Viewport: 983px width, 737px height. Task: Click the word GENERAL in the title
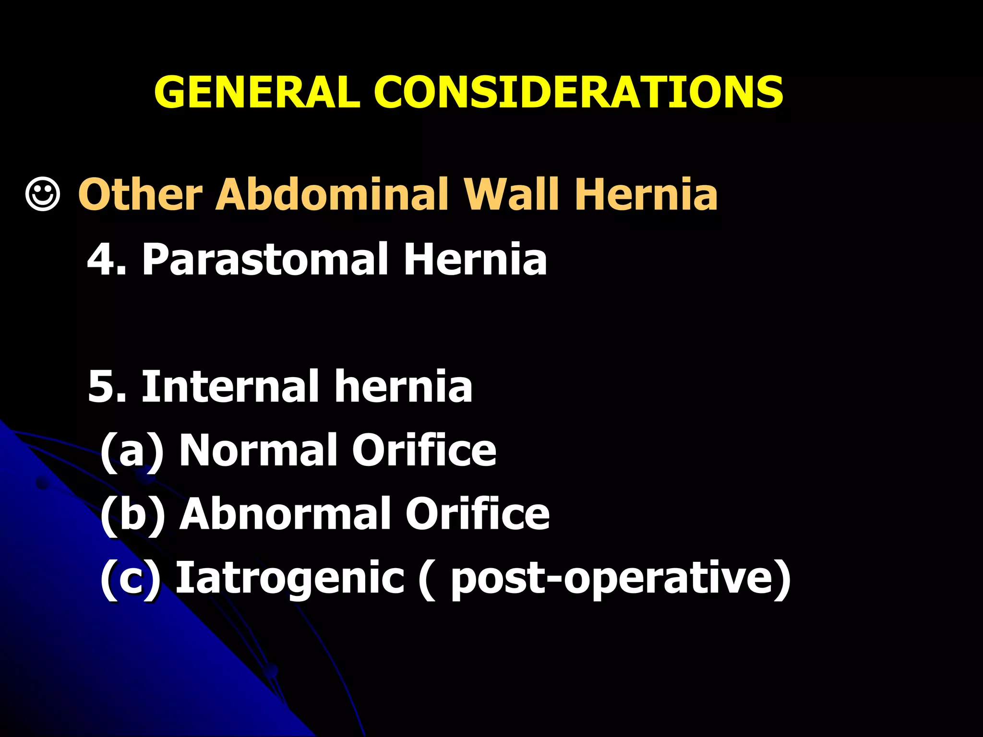[x=257, y=92]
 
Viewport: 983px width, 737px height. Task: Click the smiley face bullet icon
[x=43, y=194]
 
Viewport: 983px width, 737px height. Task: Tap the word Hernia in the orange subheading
[x=646, y=194]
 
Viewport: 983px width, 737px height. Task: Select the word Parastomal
[x=264, y=260]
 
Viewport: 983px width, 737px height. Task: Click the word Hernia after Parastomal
[x=475, y=260]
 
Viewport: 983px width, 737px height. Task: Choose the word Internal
[x=230, y=387]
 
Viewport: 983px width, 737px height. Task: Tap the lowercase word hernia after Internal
[x=403, y=387]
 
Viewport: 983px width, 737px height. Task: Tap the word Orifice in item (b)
[x=478, y=514]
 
